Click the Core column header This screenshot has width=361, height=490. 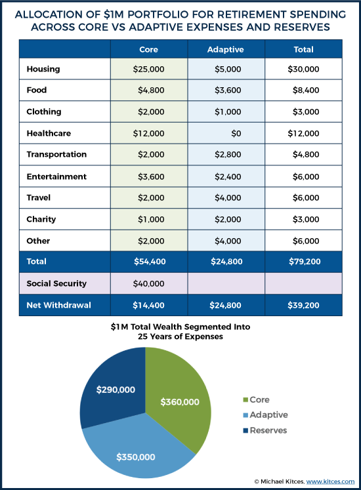(x=148, y=49)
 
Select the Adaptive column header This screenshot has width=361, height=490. (x=226, y=49)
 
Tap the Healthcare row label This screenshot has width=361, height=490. (x=49, y=133)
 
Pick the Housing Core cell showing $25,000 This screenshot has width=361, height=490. (x=148, y=69)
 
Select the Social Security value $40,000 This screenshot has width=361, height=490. (x=148, y=283)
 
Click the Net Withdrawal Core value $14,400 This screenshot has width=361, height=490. (x=148, y=305)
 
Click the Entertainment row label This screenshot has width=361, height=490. (x=56, y=176)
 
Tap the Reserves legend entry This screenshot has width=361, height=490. (x=265, y=430)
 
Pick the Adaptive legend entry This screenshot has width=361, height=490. (x=265, y=415)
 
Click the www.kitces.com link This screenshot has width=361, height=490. (x=330, y=481)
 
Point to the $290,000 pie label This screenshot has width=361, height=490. (x=116, y=390)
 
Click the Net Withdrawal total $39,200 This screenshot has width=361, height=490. (x=303, y=305)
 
